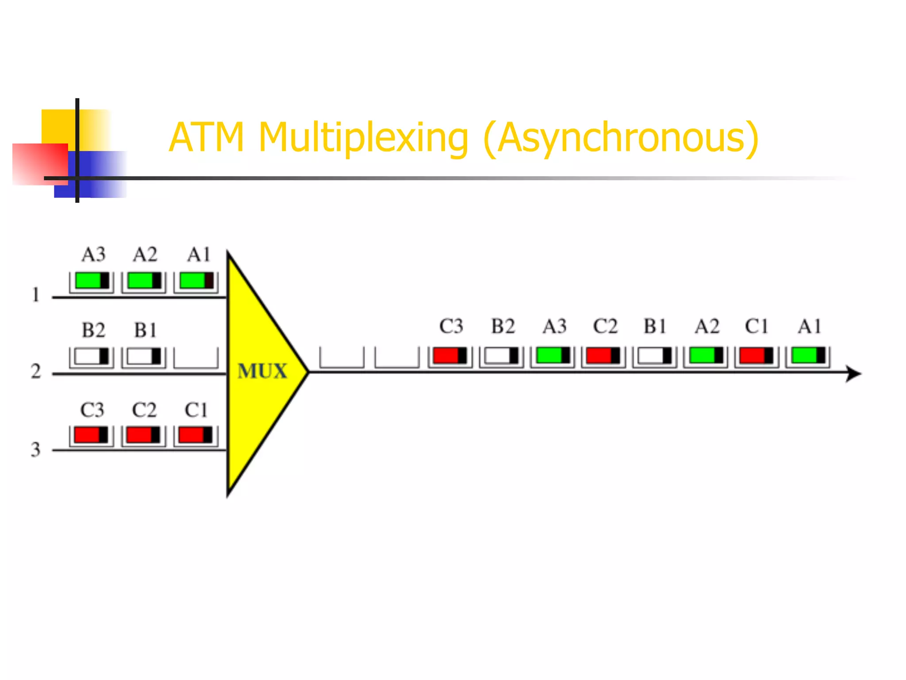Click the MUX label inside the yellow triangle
(262, 371)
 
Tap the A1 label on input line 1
(199, 255)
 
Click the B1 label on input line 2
(145, 330)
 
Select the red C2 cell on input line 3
(143, 436)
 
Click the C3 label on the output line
(451, 327)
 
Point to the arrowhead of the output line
(854, 374)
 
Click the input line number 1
(36, 295)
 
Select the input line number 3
(35, 449)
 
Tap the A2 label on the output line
(706, 327)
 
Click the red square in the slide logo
(40, 163)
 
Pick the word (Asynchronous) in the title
(621, 138)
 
